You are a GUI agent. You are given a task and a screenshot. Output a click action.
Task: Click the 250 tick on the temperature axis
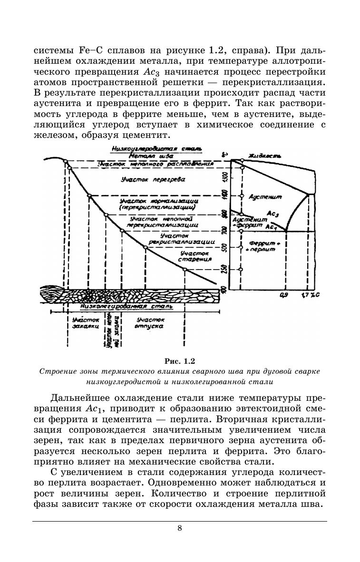tap(225, 269)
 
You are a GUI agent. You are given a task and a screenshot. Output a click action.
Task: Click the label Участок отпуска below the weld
tap(149, 324)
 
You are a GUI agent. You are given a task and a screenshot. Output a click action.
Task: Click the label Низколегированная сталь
tap(126, 307)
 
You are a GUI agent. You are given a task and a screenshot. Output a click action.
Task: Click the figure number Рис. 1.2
tap(180, 360)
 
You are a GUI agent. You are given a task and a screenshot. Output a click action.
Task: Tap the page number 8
tap(180, 528)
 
